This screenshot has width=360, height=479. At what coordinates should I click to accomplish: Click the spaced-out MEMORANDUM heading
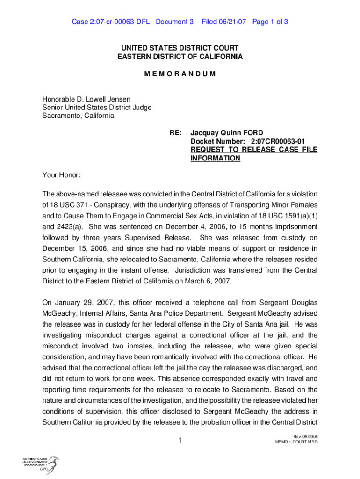(x=180, y=74)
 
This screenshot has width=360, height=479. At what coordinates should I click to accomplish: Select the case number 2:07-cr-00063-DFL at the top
(x=111, y=22)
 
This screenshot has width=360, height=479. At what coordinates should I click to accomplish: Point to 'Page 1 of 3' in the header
(x=270, y=22)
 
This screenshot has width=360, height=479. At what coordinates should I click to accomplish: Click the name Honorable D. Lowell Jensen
(x=86, y=99)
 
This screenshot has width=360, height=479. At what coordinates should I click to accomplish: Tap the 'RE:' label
(x=176, y=133)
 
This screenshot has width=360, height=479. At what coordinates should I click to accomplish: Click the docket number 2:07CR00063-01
(x=278, y=141)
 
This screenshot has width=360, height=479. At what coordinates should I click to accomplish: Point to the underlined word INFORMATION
(x=215, y=158)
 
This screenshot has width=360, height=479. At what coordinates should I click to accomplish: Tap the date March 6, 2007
(x=207, y=281)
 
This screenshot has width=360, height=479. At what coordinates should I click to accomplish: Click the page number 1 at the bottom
(x=180, y=440)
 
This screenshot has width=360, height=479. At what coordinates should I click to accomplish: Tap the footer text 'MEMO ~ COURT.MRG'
(x=296, y=442)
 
